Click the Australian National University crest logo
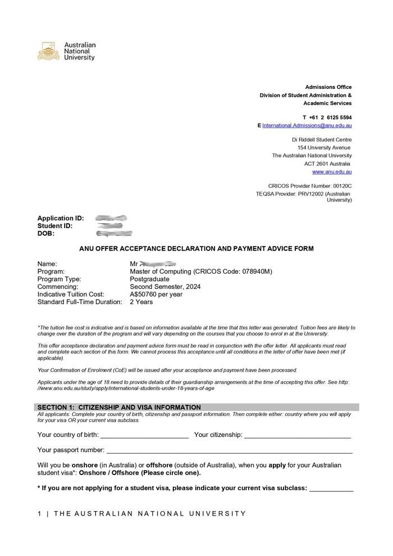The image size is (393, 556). coord(48,51)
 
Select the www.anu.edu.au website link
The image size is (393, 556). coord(332,171)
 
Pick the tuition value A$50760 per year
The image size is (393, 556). coord(156,294)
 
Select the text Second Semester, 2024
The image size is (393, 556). coord(165,286)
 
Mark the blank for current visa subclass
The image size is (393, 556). coord(331,490)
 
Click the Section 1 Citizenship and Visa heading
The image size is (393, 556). coord(119,407)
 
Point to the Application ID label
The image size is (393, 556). coord(61,218)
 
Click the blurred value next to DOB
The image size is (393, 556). coord(114,233)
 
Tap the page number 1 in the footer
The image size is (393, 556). coord(39,513)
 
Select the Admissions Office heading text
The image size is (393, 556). coord(328,87)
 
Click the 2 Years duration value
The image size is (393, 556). coord(141,302)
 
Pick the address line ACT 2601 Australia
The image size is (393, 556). coord(328,164)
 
